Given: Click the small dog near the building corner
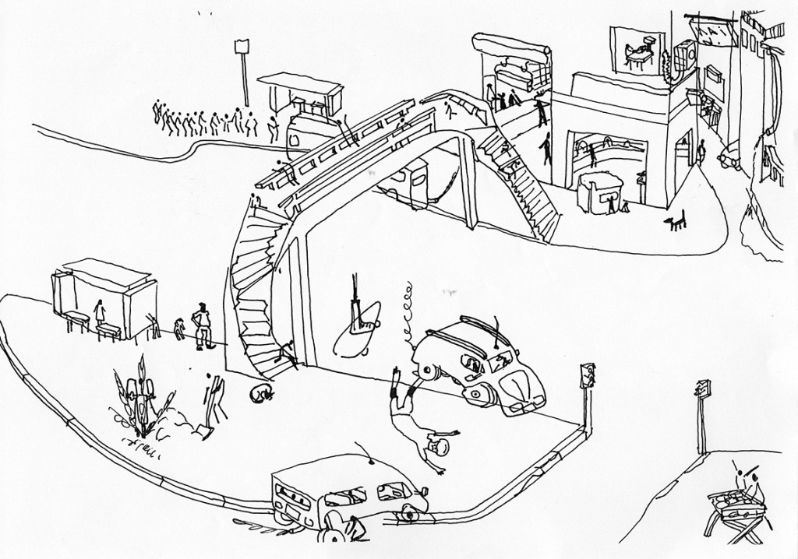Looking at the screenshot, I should pyautogui.click(x=676, y=223).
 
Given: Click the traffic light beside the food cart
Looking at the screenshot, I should pyautogui.click(x=704, y=388).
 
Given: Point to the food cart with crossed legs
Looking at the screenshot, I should pyautogui.click(x=736, y=503).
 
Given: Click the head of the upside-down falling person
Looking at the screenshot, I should pyautogui.click(x=438, y=448).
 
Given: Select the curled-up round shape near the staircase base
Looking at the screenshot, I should pyautogui.click(x=260, y=393).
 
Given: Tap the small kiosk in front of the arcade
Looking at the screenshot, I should pyautogui.click(x=598, y=192).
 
